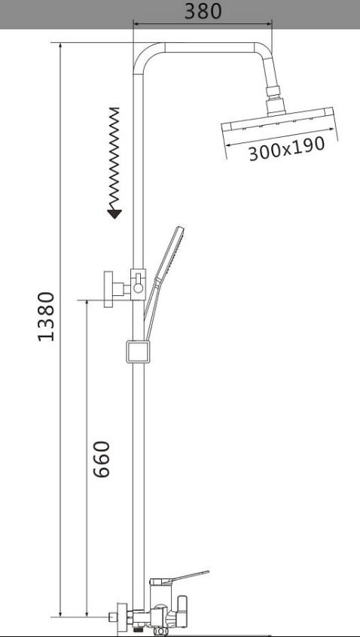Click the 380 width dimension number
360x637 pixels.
[x=203, y=11]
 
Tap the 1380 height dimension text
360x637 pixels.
[x=46, y=316]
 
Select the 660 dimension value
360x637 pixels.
[x=102, y=459]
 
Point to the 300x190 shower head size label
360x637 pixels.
[x=287, y=148]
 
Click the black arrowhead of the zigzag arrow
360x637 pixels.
[x=114, y=214]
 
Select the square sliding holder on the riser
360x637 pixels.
[x=138, y=352]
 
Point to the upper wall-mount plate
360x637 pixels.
[x=108, y=289]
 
